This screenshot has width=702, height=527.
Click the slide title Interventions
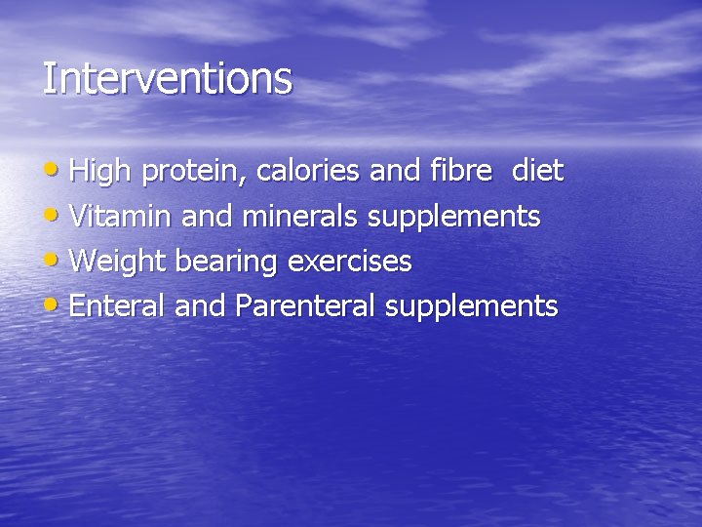[167, 79]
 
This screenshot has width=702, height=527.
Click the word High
[102, 172]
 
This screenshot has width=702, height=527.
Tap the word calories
[309, 172]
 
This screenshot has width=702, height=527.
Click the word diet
[537, 172]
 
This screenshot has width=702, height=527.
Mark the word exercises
[349, 262]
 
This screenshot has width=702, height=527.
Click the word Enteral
[119, 306]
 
